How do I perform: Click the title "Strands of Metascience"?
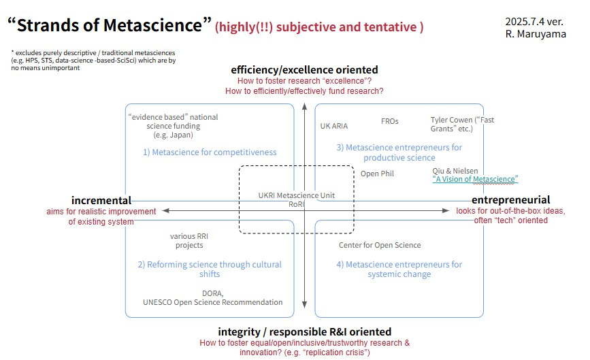(x=109, y=26)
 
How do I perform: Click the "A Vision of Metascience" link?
(x=475, y=179)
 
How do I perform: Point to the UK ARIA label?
(x=333, y=126)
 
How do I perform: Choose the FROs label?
(x=389, y=121)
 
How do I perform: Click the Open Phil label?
(x=377, y=174)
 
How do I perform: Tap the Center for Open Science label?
(x=380, y=245)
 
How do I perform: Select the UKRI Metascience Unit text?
(x=296, y=195)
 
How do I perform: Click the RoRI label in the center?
(x=296, y=203)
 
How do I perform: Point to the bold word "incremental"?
(x=101, y=200)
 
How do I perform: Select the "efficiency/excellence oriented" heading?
(x=304, y=70)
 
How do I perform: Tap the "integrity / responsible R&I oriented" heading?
(x=304, y=331)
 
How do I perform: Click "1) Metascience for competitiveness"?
(x=210, y=152)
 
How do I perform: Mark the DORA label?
(x=213, y=293)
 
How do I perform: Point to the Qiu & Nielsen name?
(x=455, y=171)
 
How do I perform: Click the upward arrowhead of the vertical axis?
(x=305, y=106)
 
